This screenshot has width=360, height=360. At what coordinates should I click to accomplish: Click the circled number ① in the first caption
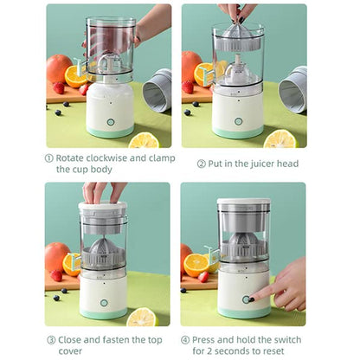pyautogui.click(x=49, y=158)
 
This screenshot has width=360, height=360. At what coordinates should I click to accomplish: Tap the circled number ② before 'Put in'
pyautogui.click(x=202, y=164)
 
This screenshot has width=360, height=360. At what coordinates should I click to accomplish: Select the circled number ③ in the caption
pyautogui.click(x=50, y=339)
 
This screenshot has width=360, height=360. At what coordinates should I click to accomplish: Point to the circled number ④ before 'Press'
pyautogui.click(x=185, y=339)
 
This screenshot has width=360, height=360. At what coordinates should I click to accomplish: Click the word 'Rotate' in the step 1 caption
pyautogui.click(x=72, y=158)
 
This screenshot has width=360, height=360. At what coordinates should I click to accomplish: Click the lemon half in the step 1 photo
pyautogui.click(x=144, y=139)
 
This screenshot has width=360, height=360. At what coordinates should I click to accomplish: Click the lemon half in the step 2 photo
pyautogui.click(x=280, y=138)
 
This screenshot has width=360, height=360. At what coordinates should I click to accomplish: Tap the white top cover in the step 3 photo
pyautogui.click(x=104, y=209)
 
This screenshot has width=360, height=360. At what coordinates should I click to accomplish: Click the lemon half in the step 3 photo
pyautogui.click(x=141, y=317)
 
